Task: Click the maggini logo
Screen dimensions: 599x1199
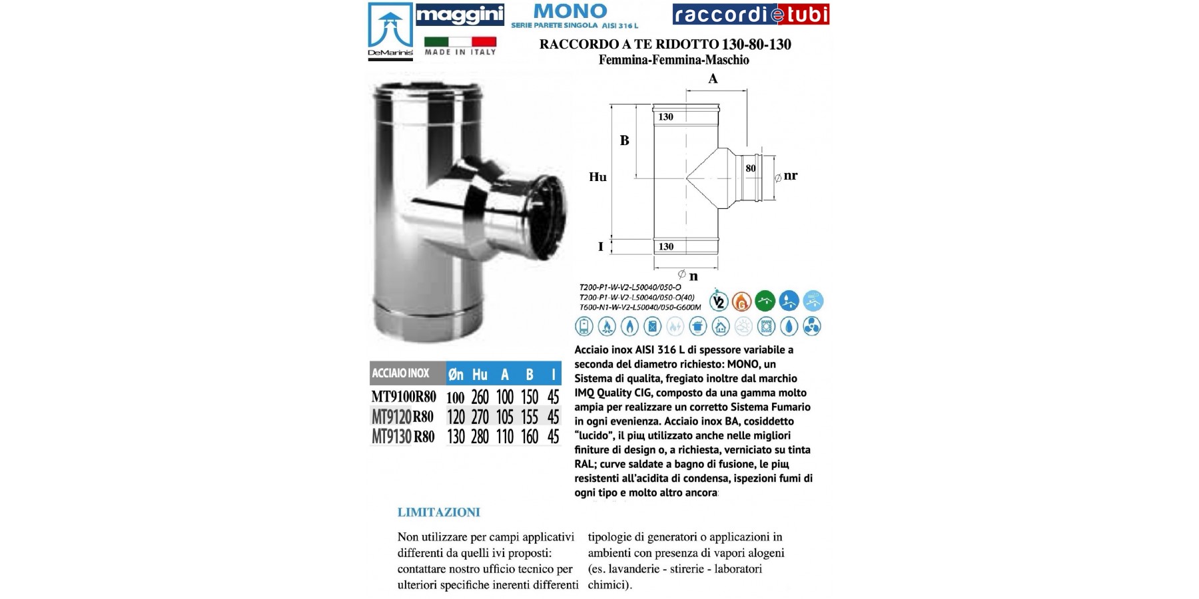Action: pos(460,15)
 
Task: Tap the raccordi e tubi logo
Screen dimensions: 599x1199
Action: pos(751,14)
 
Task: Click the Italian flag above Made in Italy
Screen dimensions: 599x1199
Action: pos(460,41)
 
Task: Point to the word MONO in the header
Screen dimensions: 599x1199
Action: pos(570,11)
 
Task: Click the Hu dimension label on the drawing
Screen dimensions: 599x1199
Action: pos(598,177)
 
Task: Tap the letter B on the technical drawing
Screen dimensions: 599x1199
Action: pos(625,140)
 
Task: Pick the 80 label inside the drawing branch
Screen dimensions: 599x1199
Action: pos(751,168)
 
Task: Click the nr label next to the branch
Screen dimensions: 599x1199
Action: pos(791,176)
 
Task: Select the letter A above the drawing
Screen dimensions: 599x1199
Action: pos(713,79)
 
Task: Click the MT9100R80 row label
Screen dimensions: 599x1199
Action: pos(404,397)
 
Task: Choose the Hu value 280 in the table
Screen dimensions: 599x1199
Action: pos(480,437)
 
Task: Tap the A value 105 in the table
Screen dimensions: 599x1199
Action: pos(505,417)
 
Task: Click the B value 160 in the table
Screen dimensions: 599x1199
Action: pos(530,437)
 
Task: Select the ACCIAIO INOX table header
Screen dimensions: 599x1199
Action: pos(401,373)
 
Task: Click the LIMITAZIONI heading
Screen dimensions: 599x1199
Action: pos(438,512)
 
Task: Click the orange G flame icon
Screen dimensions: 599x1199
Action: pos(741,301)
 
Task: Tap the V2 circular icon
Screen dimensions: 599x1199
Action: pos(718,301)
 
